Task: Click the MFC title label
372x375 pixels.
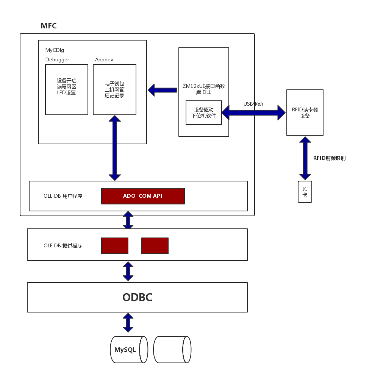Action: pyautogui.click(x=48, y=26)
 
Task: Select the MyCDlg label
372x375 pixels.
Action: pyautogui.click(x=55, y=50)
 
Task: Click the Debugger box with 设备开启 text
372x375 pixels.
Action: pyautogui.click(x=67, y=89)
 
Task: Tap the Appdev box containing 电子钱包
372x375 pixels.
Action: pyautogui.click(x=114, y=89)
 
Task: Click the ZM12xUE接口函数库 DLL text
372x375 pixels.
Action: pyautogui.click(x=203, y=89)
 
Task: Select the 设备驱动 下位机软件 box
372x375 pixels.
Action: pyautogui.click(x=203, y=112)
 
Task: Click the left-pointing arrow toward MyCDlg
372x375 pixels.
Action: pyautogui.click(x=162, y=90)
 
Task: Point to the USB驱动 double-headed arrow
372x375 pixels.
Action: pyautogui.click(x=253, y=112)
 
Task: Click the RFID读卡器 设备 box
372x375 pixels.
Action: pyautogui.click(x=305, y=112)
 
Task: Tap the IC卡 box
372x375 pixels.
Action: pyautogui.click(x=305, y=192)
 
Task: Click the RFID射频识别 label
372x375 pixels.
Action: pyautogui.click(x=329, y=158)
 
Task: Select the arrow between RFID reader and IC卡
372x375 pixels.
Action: pyautogui.click(x=305, y=158)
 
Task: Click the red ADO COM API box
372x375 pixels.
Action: pyautogui.click(x=143, y=196)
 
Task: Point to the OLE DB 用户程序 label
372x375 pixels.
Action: pyautogui.click(x=63, y=196)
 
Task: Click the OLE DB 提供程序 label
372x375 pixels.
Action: pyautogui.click(x=63, y=245)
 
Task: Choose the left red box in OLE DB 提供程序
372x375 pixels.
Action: pyautogui.click(x=115, y=245)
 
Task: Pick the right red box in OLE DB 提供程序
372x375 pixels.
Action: pyautogui.click(x=155, y=245)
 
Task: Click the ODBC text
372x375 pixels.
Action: pyautogui.click(x=137, y=297)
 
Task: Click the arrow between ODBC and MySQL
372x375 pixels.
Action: pyautogui.click(x=128, y=323)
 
